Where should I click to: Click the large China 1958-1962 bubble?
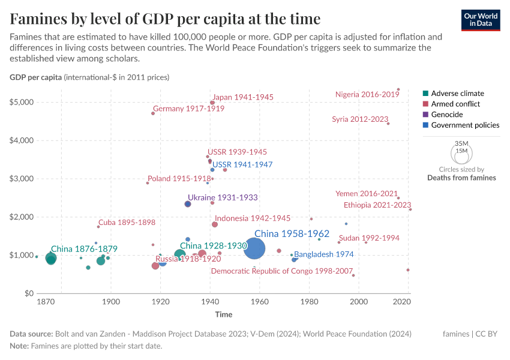pos(255,248)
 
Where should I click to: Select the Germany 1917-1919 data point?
pos(153,113)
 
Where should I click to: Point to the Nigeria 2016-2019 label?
pos(367,94)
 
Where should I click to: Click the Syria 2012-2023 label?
pos(360,119)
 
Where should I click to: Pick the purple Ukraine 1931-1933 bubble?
pos(188,204)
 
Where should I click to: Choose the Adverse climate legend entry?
pos(457,93)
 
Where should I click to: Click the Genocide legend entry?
pos(447,115)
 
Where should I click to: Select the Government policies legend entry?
pos(465,125)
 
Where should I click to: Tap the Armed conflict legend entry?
pos(455,104)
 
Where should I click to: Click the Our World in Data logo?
pos(481,20)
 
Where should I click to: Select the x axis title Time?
pos(224,314)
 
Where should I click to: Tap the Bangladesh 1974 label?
pos(323,254)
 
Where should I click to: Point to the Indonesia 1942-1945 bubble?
pos(215,224)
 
